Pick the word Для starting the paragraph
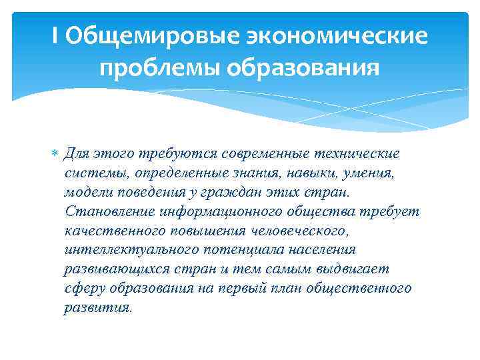click(78, 154)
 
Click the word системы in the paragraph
click(96, 173)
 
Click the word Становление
click(111, 212)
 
